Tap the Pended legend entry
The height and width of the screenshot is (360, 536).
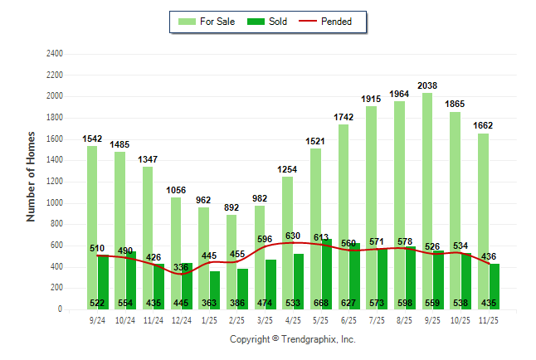(x=335, y=22)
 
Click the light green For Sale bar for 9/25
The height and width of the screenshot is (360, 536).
(x=427, y=199)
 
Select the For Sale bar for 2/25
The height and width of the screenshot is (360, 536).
(x=231, y=261)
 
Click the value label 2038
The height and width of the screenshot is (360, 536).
(x=427, y=85)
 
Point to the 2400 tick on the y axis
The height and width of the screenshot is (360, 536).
(x=54, y=54)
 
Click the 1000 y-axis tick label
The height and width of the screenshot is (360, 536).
(x=54, y=203)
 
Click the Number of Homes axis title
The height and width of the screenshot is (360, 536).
(x=31, y=176)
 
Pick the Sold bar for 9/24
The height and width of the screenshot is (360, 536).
(x=103, y=282)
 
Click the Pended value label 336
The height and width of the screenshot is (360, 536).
(x=182, y=267)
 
